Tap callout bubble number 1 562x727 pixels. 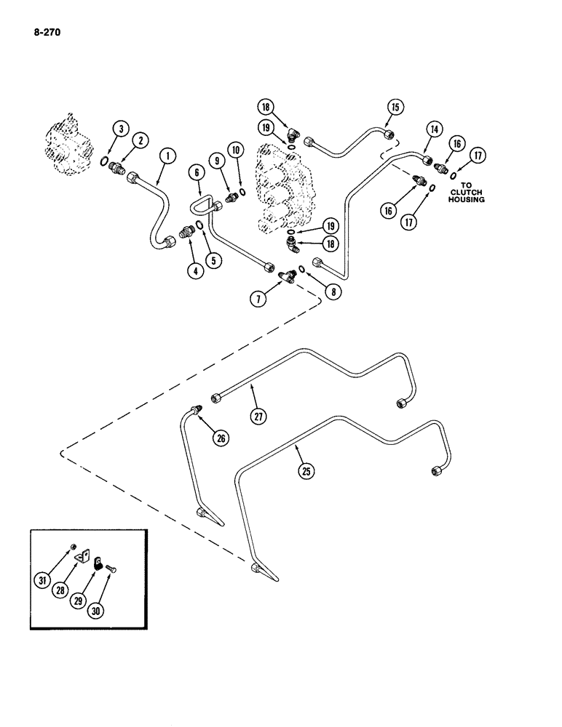[x=167, y=155]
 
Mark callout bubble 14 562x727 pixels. [x=434, y=129]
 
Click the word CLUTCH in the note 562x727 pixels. [x=467, y=191]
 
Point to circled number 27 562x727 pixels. [x=259, y=417]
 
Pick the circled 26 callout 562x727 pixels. [x=219, y=437]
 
